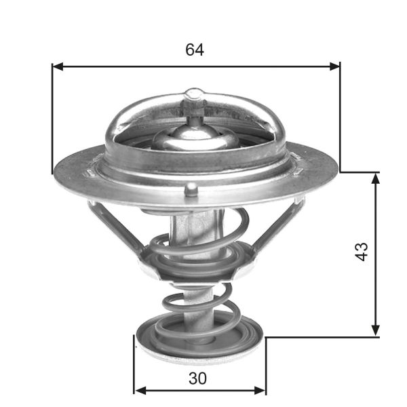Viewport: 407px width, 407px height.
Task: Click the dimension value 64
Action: [195, 50]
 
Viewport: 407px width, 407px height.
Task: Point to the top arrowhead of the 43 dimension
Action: [375, 177]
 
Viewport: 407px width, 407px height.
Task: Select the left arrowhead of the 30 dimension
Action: [139, 391]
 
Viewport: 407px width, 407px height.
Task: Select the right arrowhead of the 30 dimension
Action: [261, 391]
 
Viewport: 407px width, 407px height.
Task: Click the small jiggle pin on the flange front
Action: [193, 188]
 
